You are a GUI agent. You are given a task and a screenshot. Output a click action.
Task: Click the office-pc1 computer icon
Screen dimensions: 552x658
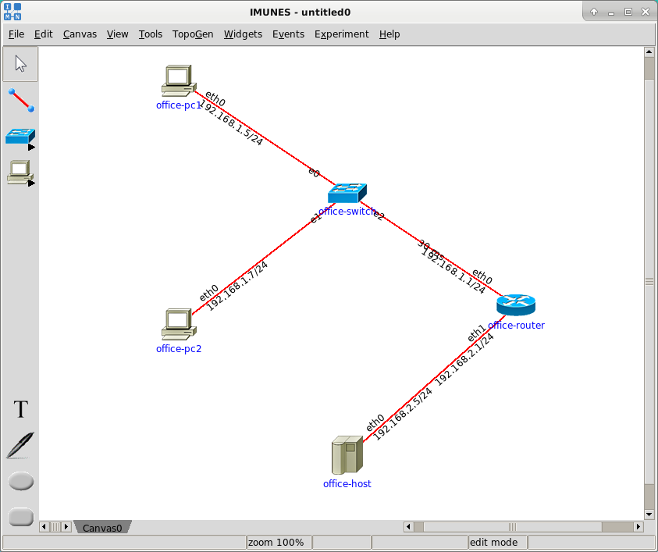pyautogui.click(x=178, y=80)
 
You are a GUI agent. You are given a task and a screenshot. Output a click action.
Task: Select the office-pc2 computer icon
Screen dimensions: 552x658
pyautogui.click(x=178, y=323)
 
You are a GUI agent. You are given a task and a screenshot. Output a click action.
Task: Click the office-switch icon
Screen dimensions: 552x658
pyautogui.click(x=347, y=192)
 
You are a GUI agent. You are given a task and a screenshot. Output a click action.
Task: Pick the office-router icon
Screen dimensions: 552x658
pyautogui.click(x=516, y=304)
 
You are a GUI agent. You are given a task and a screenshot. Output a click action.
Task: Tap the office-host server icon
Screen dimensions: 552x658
pyautogui.click(x=347, y=455)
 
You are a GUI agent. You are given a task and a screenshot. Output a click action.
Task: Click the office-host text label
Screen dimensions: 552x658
pyautogui.click(x=347, y=484)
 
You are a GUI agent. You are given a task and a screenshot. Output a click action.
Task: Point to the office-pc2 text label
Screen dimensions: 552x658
pyautogui.click(x=179, y=349)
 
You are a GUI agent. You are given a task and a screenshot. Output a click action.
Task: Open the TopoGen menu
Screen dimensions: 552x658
pyautogui.click(x=193, y=34)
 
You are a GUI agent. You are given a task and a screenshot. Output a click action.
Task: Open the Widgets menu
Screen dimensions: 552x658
pyautogui.click(x=243, y=34)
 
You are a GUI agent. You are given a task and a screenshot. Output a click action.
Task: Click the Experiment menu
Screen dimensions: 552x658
pyautogui.click(x=341, y=34)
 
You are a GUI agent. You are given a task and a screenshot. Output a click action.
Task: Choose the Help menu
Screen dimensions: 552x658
pyautogui.click(x=389, y=34)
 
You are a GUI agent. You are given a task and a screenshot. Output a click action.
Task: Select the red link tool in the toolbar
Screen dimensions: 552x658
pyautogui.click(x=21, y=100)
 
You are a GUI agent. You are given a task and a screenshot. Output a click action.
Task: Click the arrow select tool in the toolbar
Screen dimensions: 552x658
pyautogui.click(x=21, y=63)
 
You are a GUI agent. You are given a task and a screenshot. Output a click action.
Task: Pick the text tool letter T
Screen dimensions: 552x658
pyautogui.click(x=21, y=410)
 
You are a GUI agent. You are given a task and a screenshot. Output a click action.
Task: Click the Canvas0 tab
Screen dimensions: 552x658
pyautogui.click(x=103, y=528)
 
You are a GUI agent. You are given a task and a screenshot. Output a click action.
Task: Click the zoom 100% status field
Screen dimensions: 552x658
pyautogui.click(x=276, y=542)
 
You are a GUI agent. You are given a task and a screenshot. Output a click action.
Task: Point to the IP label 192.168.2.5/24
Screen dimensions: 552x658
pyautogui.click(x=403, y=415)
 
